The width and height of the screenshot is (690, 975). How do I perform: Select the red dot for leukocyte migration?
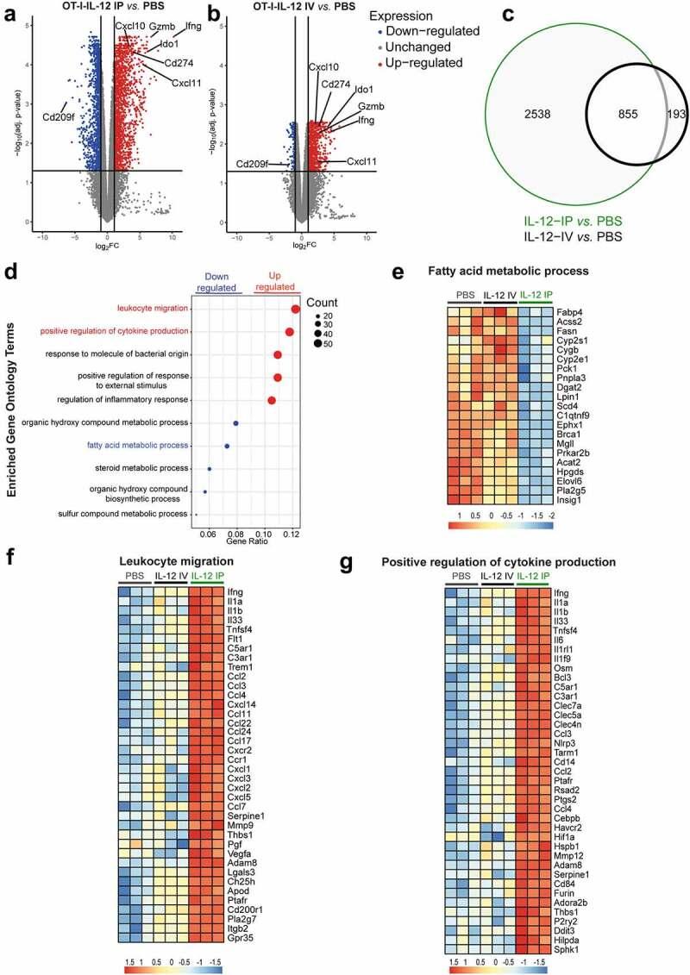click(x=296, y=309)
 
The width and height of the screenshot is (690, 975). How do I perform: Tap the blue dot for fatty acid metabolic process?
click(x=227, y=446)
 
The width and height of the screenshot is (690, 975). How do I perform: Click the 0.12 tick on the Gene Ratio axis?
click(x=292, y=534)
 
